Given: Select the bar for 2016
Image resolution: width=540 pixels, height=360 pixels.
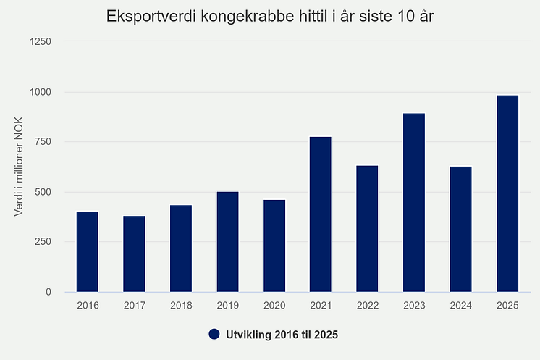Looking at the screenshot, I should click(87, 251).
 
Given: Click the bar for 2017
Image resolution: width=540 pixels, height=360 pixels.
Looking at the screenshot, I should click(134, 254).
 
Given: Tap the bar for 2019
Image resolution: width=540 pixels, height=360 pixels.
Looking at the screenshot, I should click(227, 242).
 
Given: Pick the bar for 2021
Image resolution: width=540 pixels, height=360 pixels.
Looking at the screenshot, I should click(320, 214).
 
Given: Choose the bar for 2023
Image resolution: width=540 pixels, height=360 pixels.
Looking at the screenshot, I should click(414, 203).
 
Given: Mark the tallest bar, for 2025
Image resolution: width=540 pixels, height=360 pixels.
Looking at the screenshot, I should click(507, 193).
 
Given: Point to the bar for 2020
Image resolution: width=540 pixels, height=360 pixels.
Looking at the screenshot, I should click(274, 246).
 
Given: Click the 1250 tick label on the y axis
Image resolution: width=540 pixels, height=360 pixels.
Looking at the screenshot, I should click(41, 41).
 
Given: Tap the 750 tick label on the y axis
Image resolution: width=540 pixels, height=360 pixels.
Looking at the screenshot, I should click(43, 142).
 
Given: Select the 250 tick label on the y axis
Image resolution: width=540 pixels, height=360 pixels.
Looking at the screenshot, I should click(43, 242).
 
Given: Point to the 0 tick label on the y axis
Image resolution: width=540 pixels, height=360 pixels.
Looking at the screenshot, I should click(48, 292).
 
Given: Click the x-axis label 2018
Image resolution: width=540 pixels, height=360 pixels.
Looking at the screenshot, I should click(181, 306).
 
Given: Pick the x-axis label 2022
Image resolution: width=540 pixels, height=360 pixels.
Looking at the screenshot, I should click(367, 306).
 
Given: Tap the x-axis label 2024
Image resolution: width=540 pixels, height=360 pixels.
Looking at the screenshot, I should click(460, 306).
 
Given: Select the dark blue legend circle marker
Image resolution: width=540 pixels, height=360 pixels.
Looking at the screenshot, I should click(214, 334).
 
